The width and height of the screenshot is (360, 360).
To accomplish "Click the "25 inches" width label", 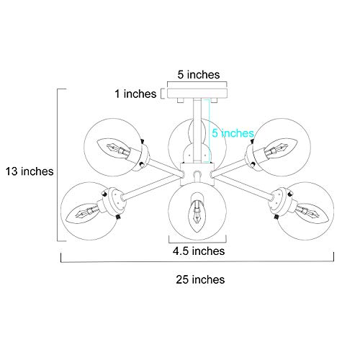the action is [x=200, y=279].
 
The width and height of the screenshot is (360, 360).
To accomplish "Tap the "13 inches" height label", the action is [x=30, y=171].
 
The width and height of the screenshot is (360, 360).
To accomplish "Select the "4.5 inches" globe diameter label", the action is [x=199, y=251].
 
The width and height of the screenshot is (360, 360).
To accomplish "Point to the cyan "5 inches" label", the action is [x=233, y=133].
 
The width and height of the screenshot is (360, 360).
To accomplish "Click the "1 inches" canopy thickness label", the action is [x=135, y=94].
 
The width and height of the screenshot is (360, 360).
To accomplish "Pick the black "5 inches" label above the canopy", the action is [x=199, y=75].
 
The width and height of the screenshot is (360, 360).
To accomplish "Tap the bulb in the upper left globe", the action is [x=114, y=149].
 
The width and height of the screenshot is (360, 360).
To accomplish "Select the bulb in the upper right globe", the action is [x=281, y=149].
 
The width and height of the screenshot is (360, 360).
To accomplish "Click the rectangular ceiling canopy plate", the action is [x=197, y=94].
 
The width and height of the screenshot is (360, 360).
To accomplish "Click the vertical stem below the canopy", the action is [x=197, y=131].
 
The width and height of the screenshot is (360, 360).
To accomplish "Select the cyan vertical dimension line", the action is [x=210, y=131].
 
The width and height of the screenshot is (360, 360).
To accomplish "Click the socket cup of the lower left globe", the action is [x=114, y=203].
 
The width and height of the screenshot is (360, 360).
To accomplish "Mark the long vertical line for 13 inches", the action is [x=58, y=165].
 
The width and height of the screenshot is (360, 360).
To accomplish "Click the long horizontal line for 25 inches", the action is [x=197, y=261].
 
